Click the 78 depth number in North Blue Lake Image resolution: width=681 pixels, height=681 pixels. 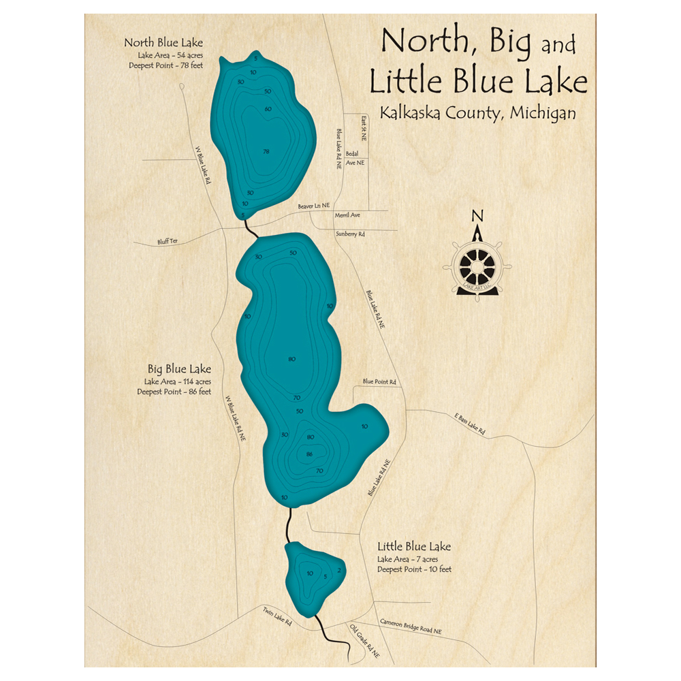[266, 151]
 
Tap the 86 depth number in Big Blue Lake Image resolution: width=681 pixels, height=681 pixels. [310, 454]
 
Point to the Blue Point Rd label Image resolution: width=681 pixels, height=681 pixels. [379, 382]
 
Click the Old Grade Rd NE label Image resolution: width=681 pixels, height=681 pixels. [364, 640]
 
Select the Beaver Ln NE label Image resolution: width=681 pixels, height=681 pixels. [314, 205]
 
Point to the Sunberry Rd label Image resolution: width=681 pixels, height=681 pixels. [350, 234]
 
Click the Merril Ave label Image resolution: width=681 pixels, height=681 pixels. [347, 215]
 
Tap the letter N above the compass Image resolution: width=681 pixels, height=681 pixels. [477, 217]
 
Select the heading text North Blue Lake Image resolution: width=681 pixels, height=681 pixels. [163, 43]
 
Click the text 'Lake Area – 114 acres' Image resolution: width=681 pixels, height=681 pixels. [177, 381]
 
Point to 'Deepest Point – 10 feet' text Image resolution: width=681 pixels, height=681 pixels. [414, 569]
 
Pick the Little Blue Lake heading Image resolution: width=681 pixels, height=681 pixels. [414, 546]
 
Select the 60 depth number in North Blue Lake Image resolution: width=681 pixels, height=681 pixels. [268, 109]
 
